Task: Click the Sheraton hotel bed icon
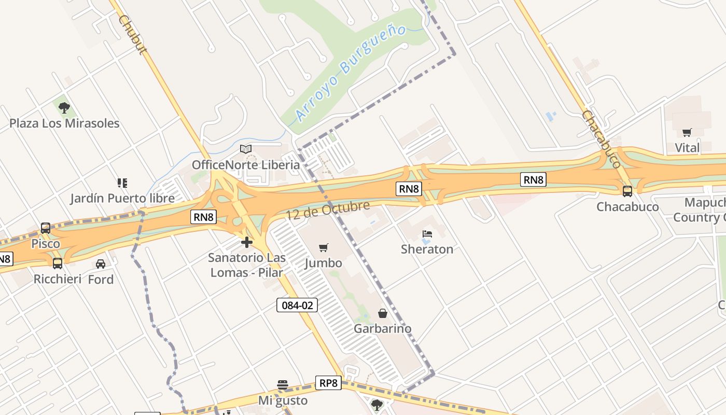click(427, 234)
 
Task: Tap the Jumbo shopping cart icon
click(324, 248)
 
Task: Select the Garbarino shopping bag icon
click(383, 313)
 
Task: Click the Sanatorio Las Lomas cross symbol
click(247, 242)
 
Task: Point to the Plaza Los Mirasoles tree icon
click(64, 108)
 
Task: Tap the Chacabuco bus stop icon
click(627, 191)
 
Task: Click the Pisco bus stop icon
click(46, 228)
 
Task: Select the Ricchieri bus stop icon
click(58, 264)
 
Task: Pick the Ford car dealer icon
click(101, 264)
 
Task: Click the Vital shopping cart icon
click(687, 132)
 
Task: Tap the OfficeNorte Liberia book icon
click(246, 149)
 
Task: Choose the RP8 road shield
click(328, 383)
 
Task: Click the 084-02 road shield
click(297, 305)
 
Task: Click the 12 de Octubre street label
click(328, 210)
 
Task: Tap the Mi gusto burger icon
click(283, 385)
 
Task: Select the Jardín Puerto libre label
click(122, 198)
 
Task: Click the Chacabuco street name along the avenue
click(602, 139)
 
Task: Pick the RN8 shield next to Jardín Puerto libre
click(203, 217)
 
